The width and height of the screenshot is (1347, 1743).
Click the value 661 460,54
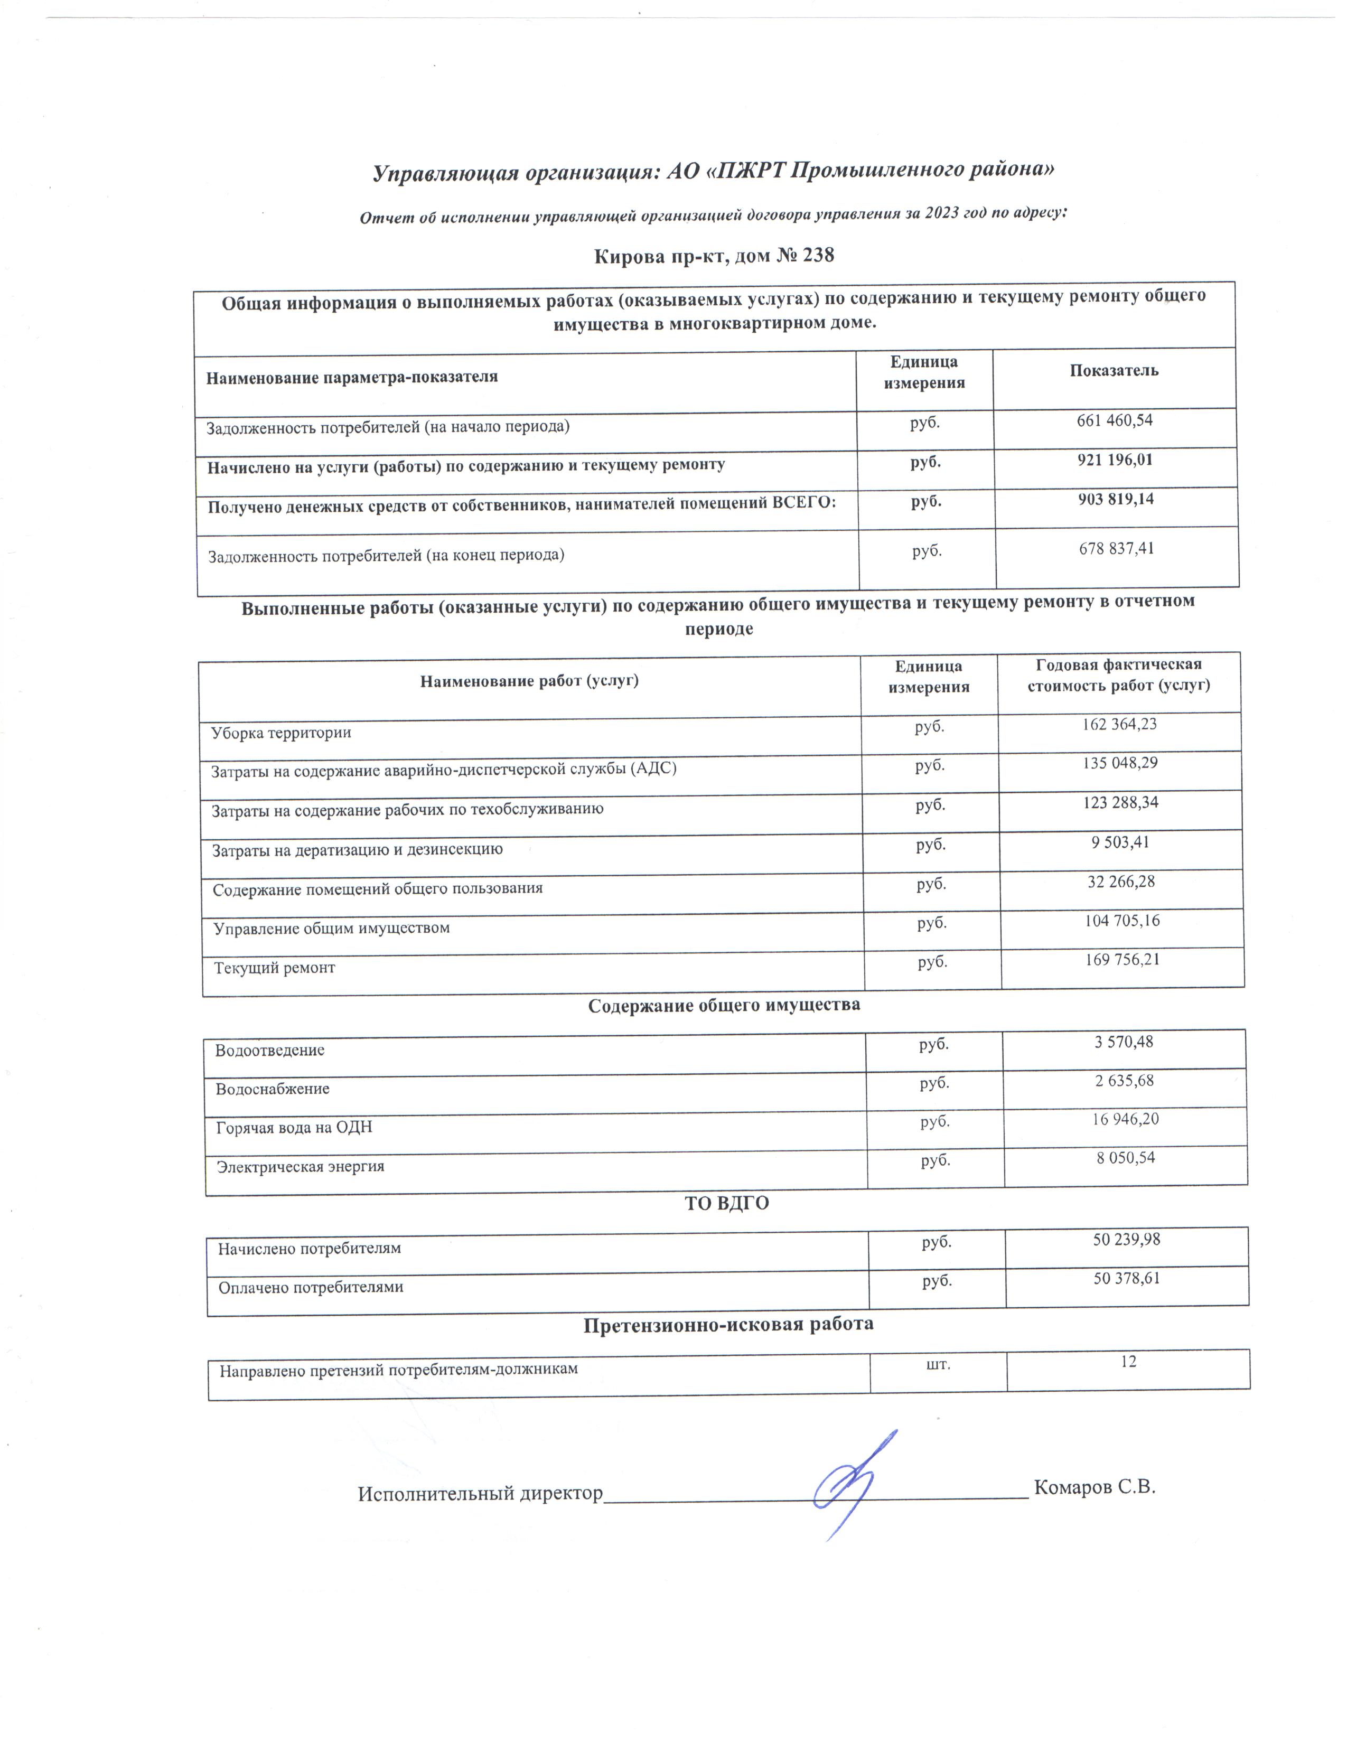coord(1114,420)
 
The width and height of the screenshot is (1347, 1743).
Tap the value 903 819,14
coord(1116,500)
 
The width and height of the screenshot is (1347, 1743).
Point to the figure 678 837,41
coord(1116,549)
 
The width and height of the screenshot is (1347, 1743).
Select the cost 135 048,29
coord(1119,764)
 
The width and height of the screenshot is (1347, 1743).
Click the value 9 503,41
coord(1120,842)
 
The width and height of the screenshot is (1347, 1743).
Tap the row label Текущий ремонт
coord(275,968)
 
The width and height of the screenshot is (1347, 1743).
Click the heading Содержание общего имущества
coord(724,1006)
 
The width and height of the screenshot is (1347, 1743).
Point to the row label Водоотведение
coord(270,1050)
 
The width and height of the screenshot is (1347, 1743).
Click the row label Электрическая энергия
coord(301,1167)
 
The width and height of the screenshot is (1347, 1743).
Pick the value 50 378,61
coord(1126,1279)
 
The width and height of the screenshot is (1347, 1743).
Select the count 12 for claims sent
coord(1128,1362)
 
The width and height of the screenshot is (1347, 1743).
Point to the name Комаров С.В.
coord(1094,1487)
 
